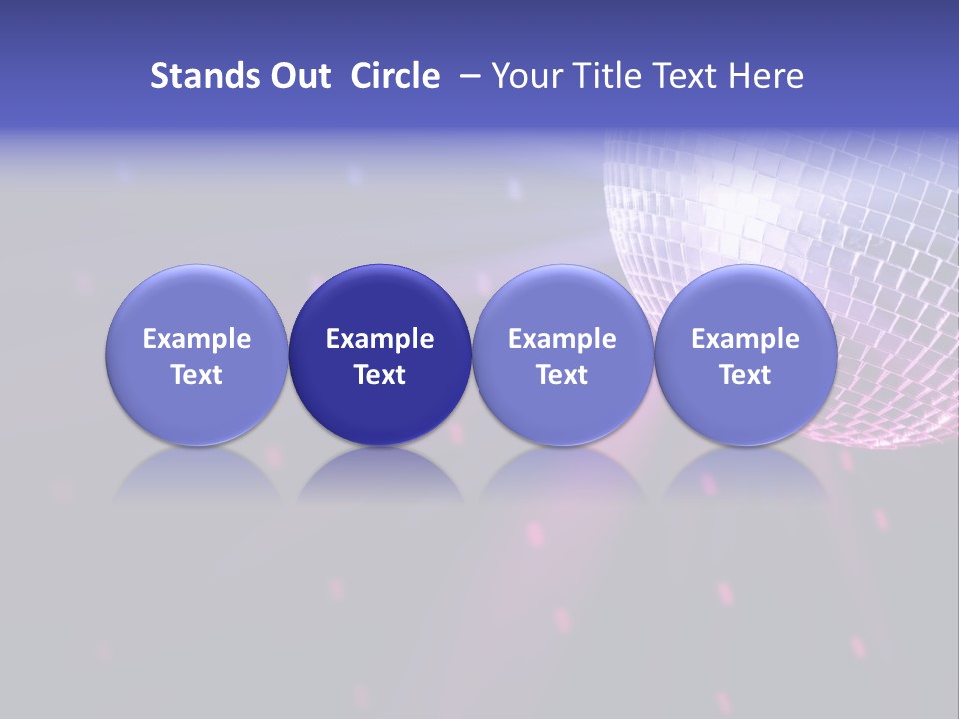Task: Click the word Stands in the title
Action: [x=199, y=76]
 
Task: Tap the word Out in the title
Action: [x=298, y=76]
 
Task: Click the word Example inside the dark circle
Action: [x=380, y=339]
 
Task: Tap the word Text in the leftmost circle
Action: [x=197, y=375]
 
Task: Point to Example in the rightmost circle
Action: [x=746, y=339]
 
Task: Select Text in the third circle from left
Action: [x=562, y=375]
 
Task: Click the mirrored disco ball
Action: [x=799, y=220]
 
